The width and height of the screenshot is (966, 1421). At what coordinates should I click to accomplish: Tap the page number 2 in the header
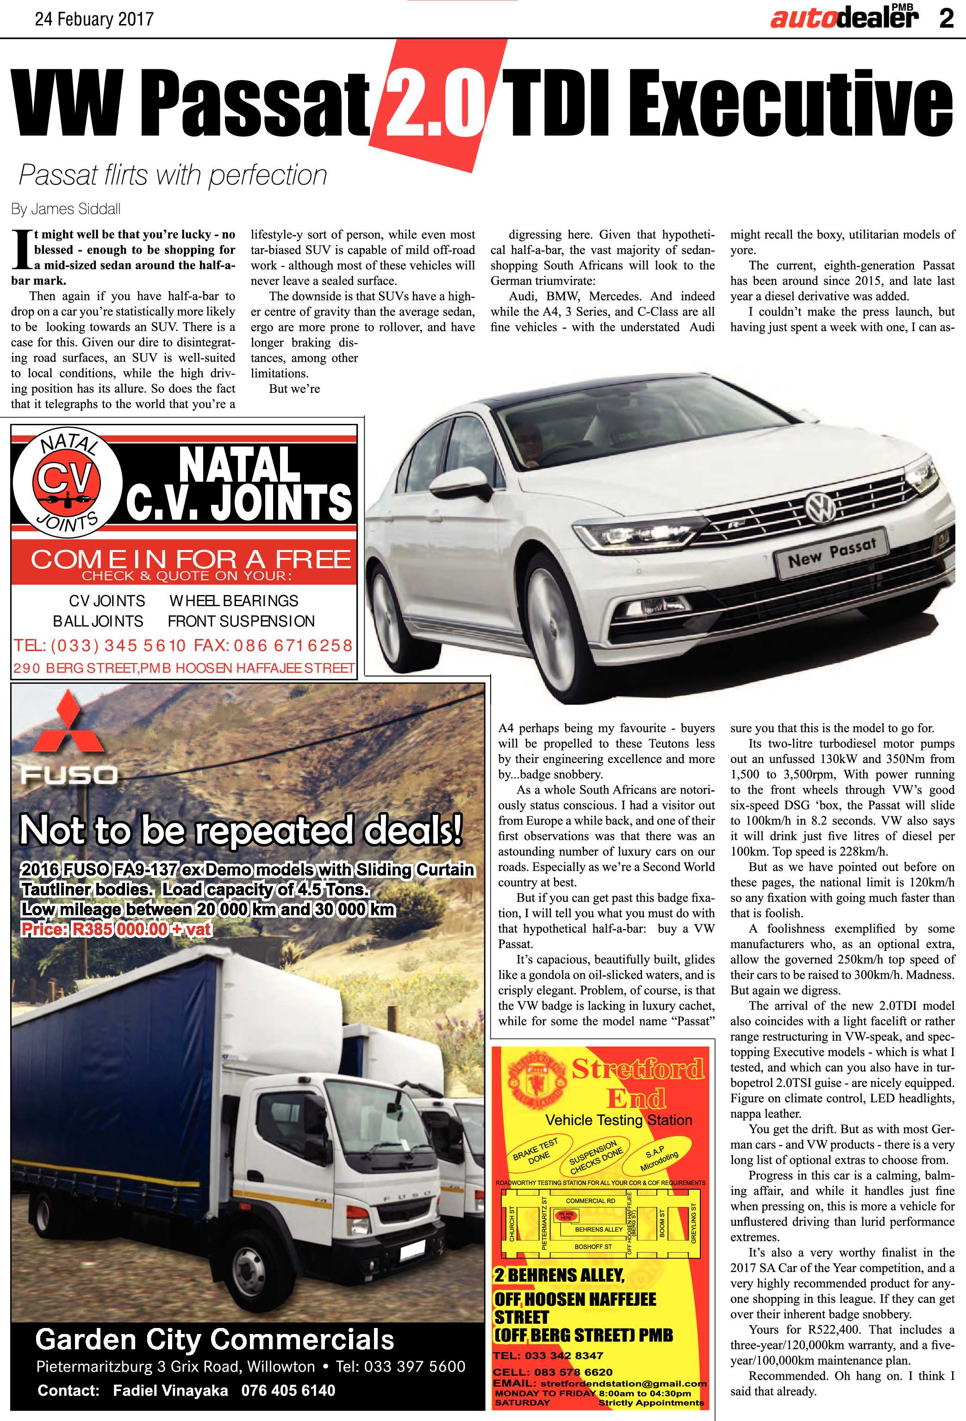pyautogui.click(x=946, y=19)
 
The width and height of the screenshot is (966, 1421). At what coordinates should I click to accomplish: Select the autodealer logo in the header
pyautogui.click(x=844, y=19)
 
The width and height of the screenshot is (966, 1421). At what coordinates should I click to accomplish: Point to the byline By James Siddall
pyautogui.click(x=66, y=209)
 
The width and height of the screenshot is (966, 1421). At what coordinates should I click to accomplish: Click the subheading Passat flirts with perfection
pyautogui.click(x=173, y=175)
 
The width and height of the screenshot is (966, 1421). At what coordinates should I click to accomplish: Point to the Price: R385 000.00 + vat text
pyautogui.click(x=116, y=930)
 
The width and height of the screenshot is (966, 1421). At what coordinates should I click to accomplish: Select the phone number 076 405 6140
pyautogui.click(x=288, y=1390)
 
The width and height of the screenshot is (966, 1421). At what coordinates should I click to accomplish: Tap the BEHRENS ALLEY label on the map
pyautogui.click(x=598, y=1229)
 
